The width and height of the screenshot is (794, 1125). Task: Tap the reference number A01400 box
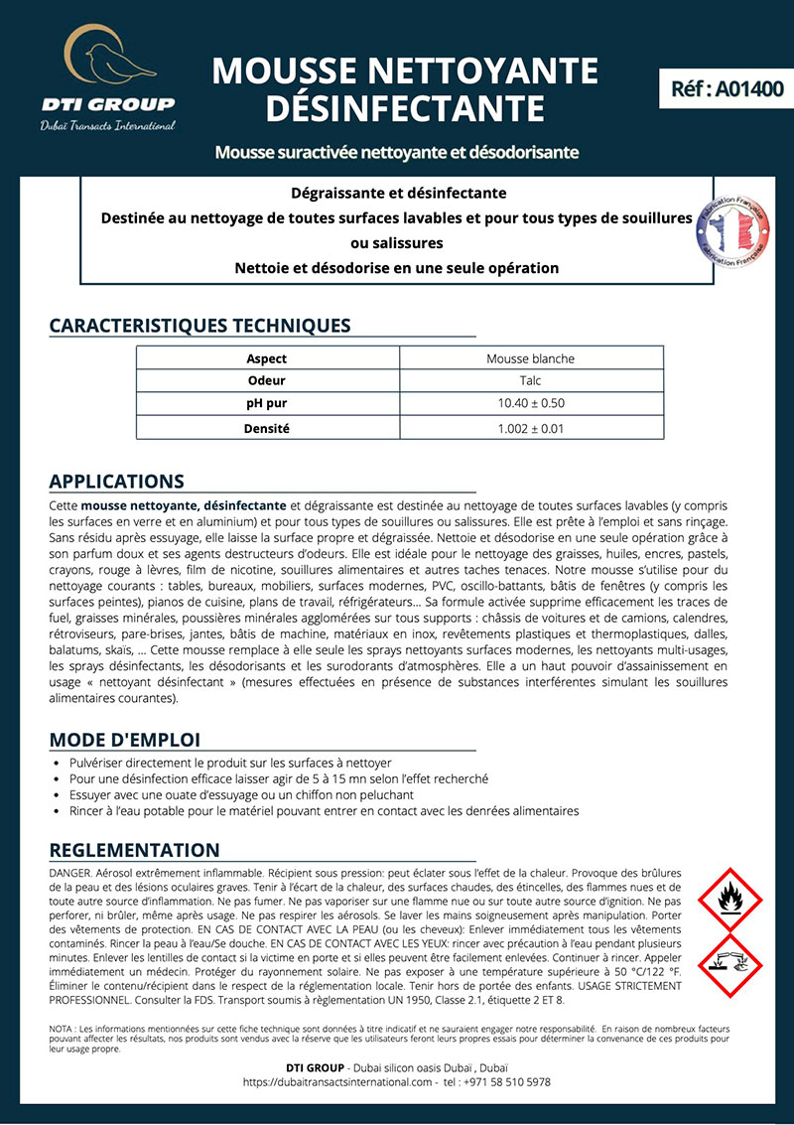click(722, 88)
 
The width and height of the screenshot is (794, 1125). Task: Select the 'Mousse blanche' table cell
click(530, 358)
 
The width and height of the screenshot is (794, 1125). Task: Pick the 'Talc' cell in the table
click(530, 380)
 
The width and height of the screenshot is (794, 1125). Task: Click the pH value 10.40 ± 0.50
click(530, 403)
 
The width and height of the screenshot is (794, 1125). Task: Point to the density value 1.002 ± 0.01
click(530, 428)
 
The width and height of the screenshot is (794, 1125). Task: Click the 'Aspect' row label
click(266, 358)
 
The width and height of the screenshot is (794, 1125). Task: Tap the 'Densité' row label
click(266, 428)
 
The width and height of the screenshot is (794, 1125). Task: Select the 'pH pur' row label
click(266, 403)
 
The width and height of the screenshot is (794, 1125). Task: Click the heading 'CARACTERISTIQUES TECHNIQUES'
click(199, 326)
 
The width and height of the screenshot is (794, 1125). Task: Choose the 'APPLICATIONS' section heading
click(116, 482)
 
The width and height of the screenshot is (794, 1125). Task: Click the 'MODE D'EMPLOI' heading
click(124, 740)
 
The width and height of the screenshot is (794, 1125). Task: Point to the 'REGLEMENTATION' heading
click(134, 850)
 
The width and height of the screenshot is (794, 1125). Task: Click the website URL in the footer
click(336, 1082)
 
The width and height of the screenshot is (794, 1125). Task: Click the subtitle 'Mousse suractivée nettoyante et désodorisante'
click(396, 153)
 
